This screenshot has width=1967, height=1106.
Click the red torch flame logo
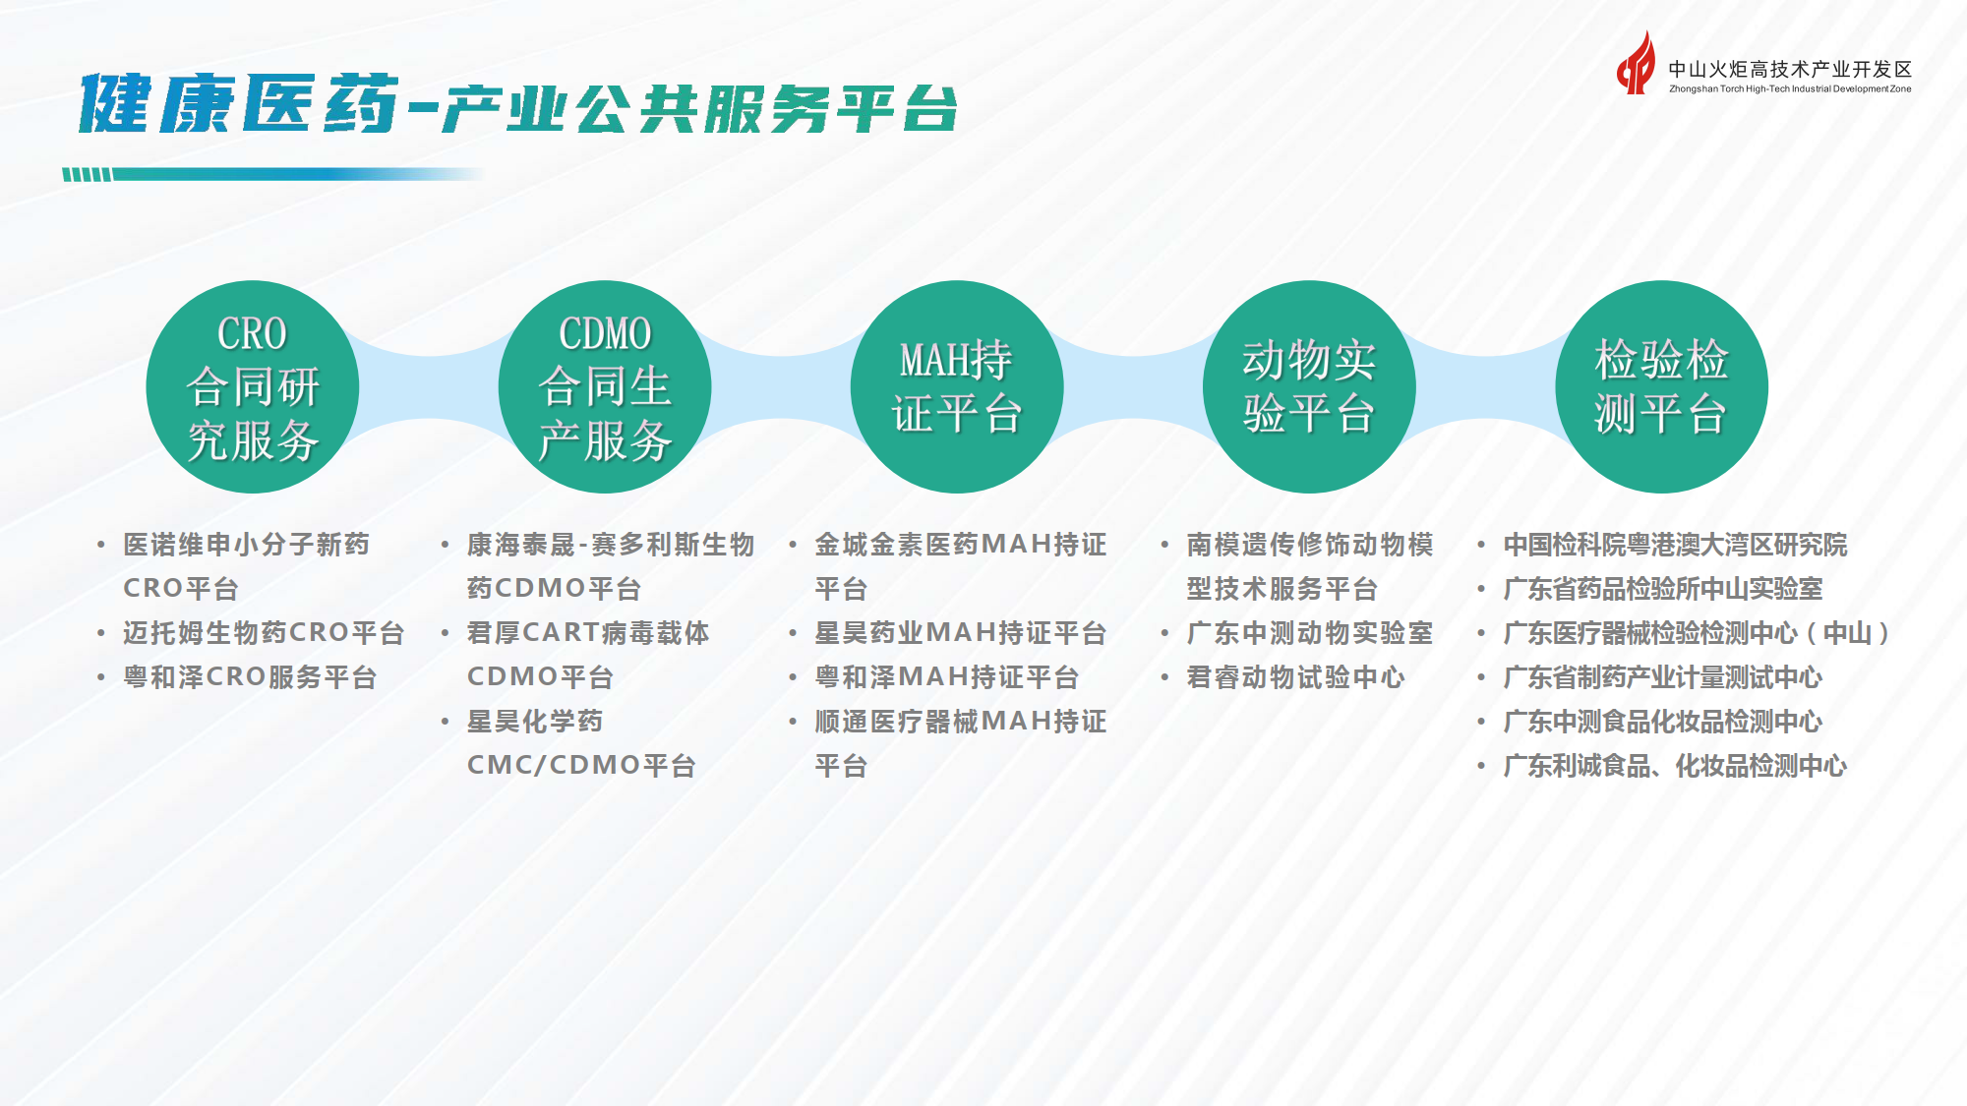click(x=1637, y=65)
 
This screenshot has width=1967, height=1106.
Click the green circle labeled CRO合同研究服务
click(x=253, y=387)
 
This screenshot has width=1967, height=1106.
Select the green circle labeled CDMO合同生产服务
click(x=605, y=387)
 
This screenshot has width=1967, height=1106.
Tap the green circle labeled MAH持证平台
click(x=957, y=387)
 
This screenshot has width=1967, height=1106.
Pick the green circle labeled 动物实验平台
click(x=1309, y=387)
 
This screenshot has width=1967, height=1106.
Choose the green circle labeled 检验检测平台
click(x=1661, y=387)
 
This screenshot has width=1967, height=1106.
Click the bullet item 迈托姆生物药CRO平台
click(x=264, y=633)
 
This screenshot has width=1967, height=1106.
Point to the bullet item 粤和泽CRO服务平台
click(x=250, y=677)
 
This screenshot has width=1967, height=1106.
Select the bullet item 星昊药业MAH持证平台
click(x=960, y=633)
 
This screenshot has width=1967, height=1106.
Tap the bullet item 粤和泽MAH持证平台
click(x=946, y=677)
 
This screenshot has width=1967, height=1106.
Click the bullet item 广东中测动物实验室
click(x=1309, y=633)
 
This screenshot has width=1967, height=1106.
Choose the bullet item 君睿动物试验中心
click(x=1295, y=677)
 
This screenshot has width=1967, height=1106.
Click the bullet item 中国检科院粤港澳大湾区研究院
click(x=1675, y=545)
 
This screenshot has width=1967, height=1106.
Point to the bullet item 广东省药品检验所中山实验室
click(x=1662, y=589)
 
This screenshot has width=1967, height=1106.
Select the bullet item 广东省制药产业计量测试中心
click(x=1662, y=677)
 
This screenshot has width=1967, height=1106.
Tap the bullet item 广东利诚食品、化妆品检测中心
click(x=1675, y=766)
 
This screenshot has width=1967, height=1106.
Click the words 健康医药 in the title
click(x=239, y=103)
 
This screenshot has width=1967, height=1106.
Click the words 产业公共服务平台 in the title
click(x=698, y=108)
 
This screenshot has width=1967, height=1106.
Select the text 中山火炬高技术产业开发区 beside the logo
click(x=1789, y=69)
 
